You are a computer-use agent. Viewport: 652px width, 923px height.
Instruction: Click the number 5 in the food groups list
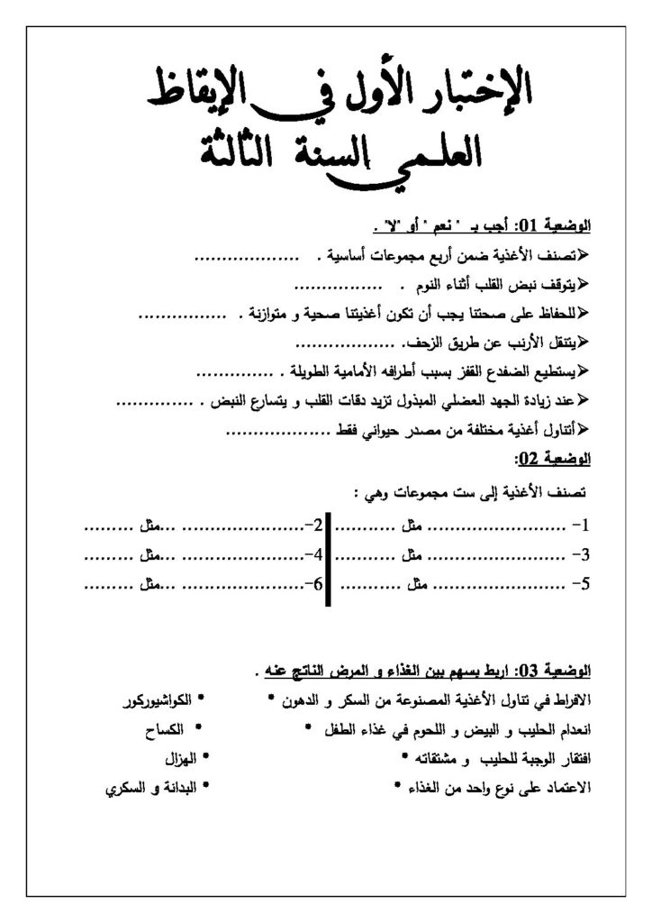[584, 583]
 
